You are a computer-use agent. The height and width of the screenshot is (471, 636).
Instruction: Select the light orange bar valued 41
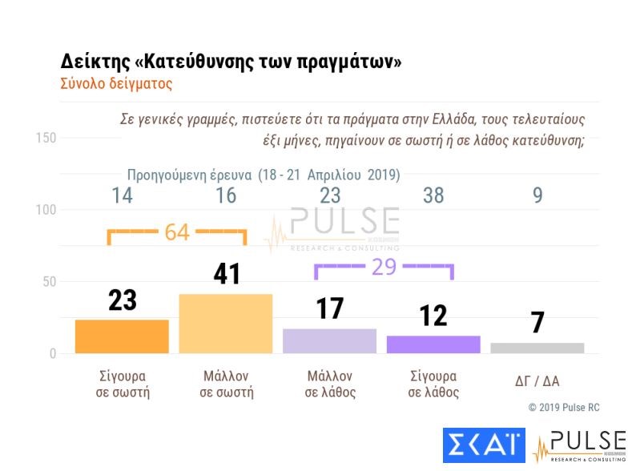point(226,324)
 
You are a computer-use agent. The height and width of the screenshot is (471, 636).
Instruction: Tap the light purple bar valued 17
point(329,340)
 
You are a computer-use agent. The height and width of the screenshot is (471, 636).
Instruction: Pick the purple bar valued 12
point(433,344)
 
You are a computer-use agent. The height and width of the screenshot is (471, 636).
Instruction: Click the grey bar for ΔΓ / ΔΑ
point(537,348)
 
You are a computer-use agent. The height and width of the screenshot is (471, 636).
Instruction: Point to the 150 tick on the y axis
point(46,138)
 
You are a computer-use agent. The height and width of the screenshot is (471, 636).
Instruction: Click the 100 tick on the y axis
point(46,210)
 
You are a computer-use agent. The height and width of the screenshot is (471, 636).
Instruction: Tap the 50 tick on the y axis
point(49,282)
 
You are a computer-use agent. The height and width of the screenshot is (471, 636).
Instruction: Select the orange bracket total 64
point(177,232)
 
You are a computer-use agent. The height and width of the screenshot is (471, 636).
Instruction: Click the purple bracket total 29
point(384,267)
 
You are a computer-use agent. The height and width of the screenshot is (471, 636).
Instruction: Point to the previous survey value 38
point(433,196)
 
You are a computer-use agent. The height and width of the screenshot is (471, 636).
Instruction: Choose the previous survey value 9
point(537,196)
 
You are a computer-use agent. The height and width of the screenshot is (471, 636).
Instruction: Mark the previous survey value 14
point(122,196)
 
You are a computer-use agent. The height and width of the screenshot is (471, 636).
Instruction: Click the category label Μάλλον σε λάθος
point(330,384)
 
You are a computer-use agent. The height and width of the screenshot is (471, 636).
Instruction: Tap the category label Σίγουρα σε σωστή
point(122,384)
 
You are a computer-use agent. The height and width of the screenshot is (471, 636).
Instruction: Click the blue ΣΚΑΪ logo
point(483,447)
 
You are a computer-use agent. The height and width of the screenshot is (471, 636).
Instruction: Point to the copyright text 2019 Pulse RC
point(564,408)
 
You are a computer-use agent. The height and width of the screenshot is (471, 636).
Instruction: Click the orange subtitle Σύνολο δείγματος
point(116,83)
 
